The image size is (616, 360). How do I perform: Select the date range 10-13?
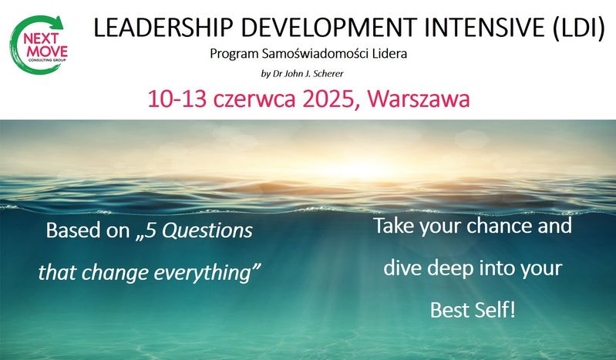[177, 99]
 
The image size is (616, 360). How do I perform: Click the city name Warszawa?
[419, 99]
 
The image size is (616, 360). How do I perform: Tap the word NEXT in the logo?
[41, 39]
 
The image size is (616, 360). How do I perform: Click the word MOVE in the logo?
[47, 52]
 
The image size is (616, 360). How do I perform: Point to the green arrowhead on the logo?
[58, 22]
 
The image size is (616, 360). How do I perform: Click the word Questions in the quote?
[207, 230]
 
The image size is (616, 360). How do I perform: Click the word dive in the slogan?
[402, 268]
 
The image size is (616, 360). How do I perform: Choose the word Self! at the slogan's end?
[495, 310]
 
